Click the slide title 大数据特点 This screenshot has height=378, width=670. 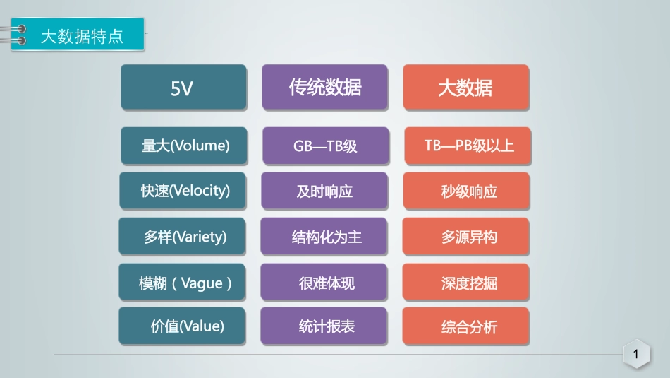(x=82, y=36)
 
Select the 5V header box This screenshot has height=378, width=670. (x=183, y=87)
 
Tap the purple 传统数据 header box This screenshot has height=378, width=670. (x=324, y=87)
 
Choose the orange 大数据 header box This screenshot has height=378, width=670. (x=465, y=87)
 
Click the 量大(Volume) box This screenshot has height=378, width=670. (x=184, y=146)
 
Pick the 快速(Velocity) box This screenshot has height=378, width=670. (x=183, y=191)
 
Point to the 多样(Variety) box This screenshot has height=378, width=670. (x=183, y=237)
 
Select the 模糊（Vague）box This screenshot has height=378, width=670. (x=183, y=283)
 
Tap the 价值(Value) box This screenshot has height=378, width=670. (x=183, y=326)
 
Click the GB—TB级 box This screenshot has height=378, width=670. (x=325, y=146)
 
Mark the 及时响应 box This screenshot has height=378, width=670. (x=324, y=191)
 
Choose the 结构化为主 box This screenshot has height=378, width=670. (x=324, y=237)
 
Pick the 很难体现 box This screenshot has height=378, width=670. (x=324, y=283)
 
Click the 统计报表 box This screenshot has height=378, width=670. (x=324, y=326)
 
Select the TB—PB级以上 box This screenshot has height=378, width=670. (x=468, y=146)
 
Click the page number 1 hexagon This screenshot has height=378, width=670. (x=636, y=355)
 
